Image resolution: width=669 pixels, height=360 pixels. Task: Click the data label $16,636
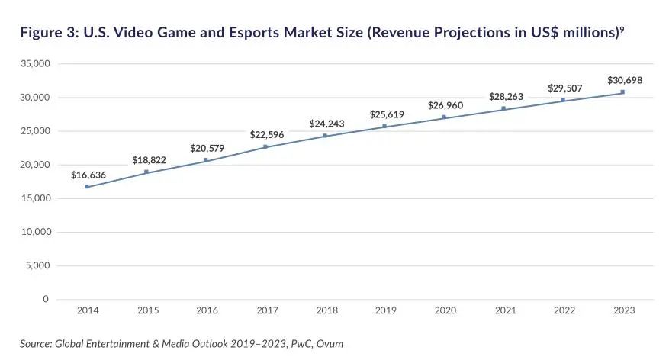[88, 175]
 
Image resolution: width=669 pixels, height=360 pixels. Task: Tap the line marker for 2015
[146, 172]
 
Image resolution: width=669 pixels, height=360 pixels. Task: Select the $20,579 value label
[207, 148]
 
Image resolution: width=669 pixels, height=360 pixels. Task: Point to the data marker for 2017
[265, 146]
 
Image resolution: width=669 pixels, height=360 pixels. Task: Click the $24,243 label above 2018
[326, 124]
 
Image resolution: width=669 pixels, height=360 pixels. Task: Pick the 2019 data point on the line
[384, 126]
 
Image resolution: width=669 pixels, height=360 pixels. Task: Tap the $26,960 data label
[445, 105]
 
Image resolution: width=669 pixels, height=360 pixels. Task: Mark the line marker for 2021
[503, 108]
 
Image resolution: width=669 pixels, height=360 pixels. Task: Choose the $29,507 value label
[564, 88]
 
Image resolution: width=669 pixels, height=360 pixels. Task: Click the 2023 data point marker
[622, 92]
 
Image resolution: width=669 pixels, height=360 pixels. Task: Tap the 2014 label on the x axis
[88, 311]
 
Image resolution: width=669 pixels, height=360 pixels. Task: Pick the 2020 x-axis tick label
[445, 311]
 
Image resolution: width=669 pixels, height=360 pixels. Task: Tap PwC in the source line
[296, 344]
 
